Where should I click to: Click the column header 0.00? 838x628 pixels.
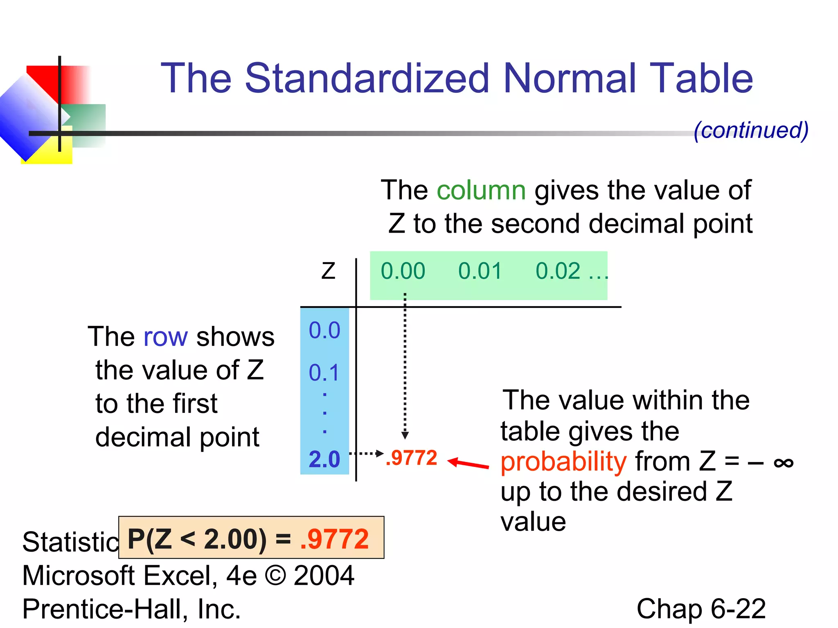403,271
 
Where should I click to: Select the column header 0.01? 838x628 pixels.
480,271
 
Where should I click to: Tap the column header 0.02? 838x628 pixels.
558,271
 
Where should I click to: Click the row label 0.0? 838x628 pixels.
324,330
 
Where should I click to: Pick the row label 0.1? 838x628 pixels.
324,373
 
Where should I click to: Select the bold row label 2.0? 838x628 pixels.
324,459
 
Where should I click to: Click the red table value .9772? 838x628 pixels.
412,458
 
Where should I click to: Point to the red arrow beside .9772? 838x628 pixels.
468,464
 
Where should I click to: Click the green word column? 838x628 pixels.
481,190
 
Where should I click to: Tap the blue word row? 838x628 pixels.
165,337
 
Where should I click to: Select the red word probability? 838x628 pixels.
563,462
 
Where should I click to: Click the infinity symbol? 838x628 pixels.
784,463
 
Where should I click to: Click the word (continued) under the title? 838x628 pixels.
751,130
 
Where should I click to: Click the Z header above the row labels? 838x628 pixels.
328,271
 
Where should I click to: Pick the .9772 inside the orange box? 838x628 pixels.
334,539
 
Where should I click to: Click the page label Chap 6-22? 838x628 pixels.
701,609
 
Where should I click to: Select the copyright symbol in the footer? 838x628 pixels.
275,576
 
